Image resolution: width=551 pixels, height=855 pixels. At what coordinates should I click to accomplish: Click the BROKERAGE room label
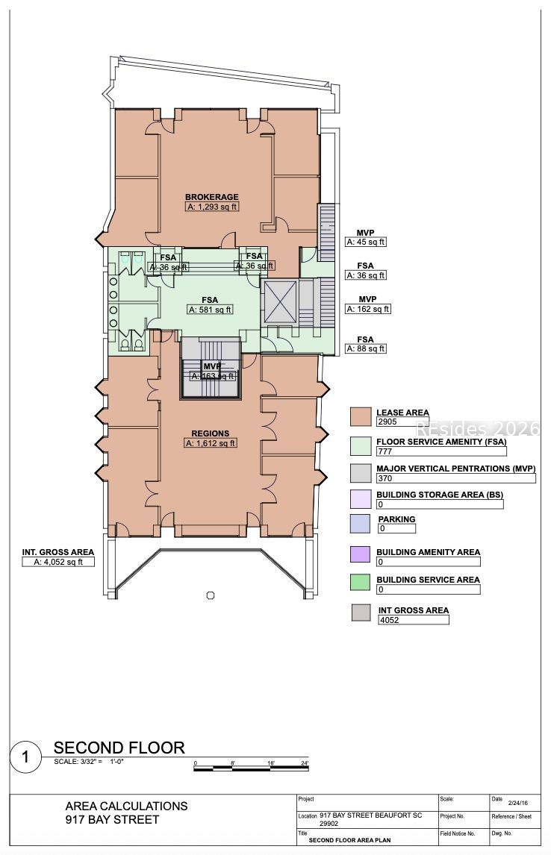tap(212, 197)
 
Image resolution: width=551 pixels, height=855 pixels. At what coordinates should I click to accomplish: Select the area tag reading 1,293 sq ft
tap(212, 207)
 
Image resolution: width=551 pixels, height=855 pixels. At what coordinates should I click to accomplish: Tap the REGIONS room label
tap(211, 433)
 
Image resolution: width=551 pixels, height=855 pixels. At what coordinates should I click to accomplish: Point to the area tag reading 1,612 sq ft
tap(211, 443)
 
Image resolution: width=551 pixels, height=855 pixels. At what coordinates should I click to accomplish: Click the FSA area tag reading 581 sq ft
tap(210, 310)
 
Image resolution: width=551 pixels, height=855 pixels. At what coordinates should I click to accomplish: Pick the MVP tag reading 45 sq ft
tap(365, 242)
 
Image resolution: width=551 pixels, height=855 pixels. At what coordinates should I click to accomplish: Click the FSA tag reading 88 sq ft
tap(365, 348)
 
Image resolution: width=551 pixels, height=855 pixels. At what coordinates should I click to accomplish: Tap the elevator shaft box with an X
tap(281, 303)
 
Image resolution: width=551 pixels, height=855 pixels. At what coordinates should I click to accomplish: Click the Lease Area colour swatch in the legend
tap(361, 416)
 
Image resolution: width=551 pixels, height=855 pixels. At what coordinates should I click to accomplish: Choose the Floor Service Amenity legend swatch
tap(361, 445)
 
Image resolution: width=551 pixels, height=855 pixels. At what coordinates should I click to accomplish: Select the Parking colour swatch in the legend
tap(361, 524)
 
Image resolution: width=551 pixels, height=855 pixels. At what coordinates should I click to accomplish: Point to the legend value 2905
tap(402, 422)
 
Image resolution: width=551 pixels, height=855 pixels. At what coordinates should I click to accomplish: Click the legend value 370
tap(455, 478)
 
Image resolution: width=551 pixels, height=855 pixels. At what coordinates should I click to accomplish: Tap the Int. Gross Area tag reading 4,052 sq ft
tap(58, 563)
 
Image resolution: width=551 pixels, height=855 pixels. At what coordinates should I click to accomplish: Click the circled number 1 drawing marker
tap(26, 758)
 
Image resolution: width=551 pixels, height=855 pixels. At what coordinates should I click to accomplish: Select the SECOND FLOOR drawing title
tap(119, 748)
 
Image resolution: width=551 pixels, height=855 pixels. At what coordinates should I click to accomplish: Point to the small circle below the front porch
tap(211, 595)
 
